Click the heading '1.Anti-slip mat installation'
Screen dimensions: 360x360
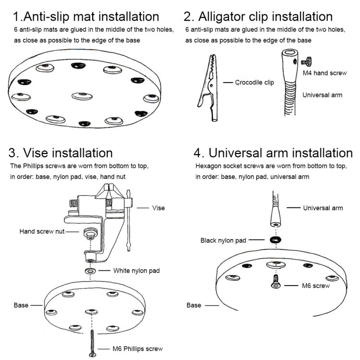86,17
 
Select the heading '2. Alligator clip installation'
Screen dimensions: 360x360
258,17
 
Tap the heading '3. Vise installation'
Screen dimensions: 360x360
61,153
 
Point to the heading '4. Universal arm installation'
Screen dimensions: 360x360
273,153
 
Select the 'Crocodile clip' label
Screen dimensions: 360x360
254,83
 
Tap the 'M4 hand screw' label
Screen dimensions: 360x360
324,73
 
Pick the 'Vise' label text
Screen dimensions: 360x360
158,208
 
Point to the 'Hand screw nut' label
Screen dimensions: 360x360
41,231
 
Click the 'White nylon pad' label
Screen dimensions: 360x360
136,271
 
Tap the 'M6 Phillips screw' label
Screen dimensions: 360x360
138,348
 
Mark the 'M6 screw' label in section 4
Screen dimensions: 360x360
316,286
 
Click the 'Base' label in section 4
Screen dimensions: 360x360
194,305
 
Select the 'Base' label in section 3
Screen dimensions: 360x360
21,305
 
